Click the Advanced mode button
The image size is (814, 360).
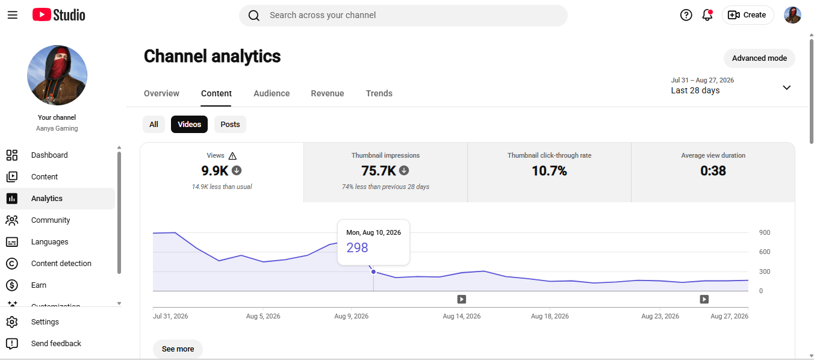[x=759, y=58]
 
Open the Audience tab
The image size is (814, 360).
[x=272, y=93]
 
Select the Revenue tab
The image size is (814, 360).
[x=328, y=93]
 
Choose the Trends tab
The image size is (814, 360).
[x=379, y=93]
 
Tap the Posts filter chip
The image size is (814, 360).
[x=230, y=124]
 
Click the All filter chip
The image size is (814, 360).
[x=154, y=124]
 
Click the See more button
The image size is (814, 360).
[x=178, y=349]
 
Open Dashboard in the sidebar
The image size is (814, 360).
[x=49, y=155]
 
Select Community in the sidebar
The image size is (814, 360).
[x=51, y=220]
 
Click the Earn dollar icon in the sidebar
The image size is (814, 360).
[x=12, y=285]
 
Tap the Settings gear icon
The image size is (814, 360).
[x=12, y=322]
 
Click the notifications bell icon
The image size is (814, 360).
[x=707, y=15]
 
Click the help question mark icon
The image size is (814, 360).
[x=686, y=15]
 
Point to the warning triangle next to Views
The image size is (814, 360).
[x=232, y=156]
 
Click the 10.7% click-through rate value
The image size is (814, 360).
[x=549, y=171]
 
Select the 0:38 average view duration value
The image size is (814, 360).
[x=713, y=171]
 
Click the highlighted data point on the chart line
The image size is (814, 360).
[x=373, y=272]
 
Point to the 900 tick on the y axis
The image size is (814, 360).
[x=765, y=232]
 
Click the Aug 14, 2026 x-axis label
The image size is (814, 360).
[x=462, y=316]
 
